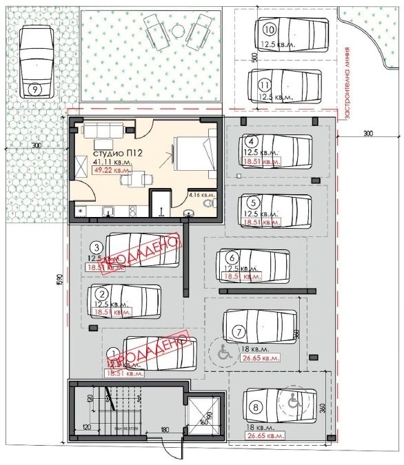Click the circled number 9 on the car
35,88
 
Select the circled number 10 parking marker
269,29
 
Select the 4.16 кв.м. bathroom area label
202,195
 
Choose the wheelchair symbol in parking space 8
292,397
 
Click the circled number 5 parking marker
254,203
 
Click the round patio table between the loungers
178,31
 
